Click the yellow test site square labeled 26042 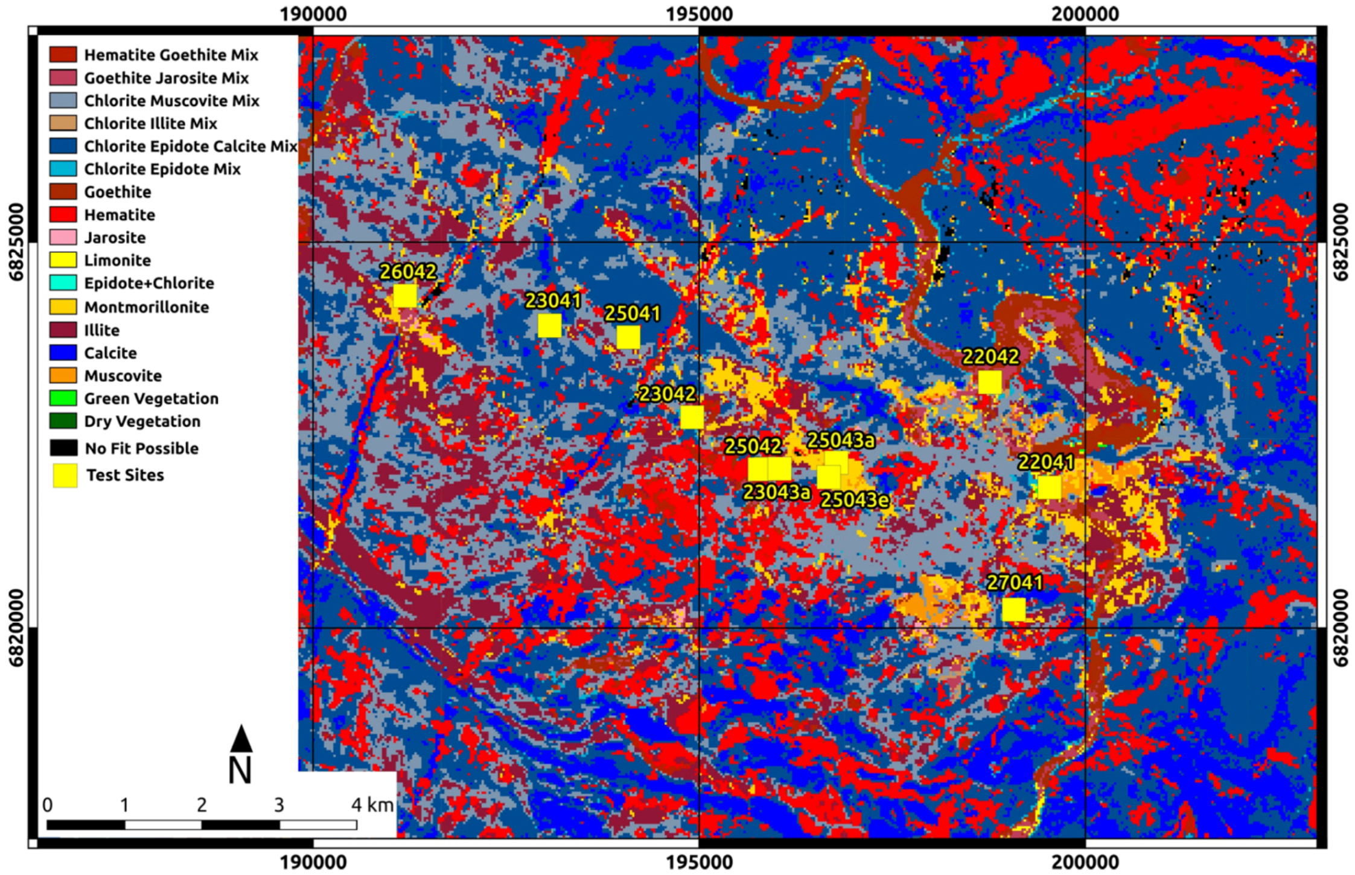click(404, 296)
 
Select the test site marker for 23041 click(549, 326)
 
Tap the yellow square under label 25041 click(628, 337)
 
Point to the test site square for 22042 click(989, 382)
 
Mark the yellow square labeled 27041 click(1013, 609)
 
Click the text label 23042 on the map click(667, 394)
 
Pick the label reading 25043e click(854, 500)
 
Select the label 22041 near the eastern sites click(1045, 462)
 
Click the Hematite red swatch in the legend click(63, 214)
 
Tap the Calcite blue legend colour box click(63, 352)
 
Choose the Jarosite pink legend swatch click(63, 237)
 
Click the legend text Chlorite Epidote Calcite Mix click(190, 146)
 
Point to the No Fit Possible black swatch click(63, 448)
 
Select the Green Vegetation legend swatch click(63, 398)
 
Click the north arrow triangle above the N click(241, 739)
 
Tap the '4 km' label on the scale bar click(372, 804)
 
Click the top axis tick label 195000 click(699, 13)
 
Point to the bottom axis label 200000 click(1085, 862)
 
